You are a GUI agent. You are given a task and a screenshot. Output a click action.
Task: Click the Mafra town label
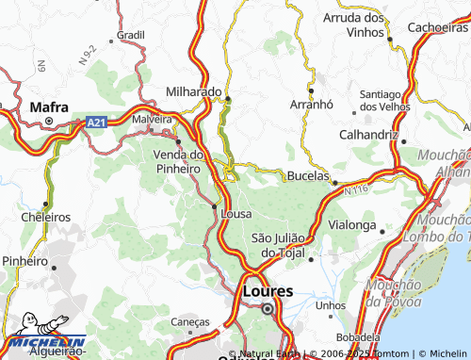49,106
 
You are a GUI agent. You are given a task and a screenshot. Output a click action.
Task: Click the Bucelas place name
307,177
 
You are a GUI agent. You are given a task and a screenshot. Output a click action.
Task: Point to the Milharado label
195,92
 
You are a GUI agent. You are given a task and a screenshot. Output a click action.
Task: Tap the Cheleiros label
45,217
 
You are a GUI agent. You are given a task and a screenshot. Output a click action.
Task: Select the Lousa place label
235,214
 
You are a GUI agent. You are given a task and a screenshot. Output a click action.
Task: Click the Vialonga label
351,225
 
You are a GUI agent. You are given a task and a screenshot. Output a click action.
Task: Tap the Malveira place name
153,120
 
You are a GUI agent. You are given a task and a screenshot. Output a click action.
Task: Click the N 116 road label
355,191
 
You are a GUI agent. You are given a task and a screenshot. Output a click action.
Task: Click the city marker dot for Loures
268,308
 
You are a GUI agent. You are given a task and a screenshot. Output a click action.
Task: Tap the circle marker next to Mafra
49,122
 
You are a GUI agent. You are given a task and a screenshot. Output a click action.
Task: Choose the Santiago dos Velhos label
387,100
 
